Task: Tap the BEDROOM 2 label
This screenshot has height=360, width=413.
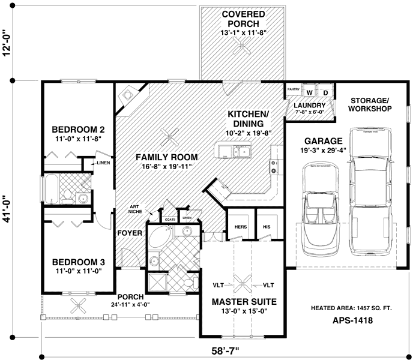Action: [79, 130]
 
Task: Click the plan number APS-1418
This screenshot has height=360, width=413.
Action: [353, 321]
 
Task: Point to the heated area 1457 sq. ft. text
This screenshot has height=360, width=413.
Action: [351, 308]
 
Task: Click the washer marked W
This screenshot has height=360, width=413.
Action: [310, 92]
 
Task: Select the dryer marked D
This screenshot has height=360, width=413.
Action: [325, 92]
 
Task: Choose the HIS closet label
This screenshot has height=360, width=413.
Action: [266, 227]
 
